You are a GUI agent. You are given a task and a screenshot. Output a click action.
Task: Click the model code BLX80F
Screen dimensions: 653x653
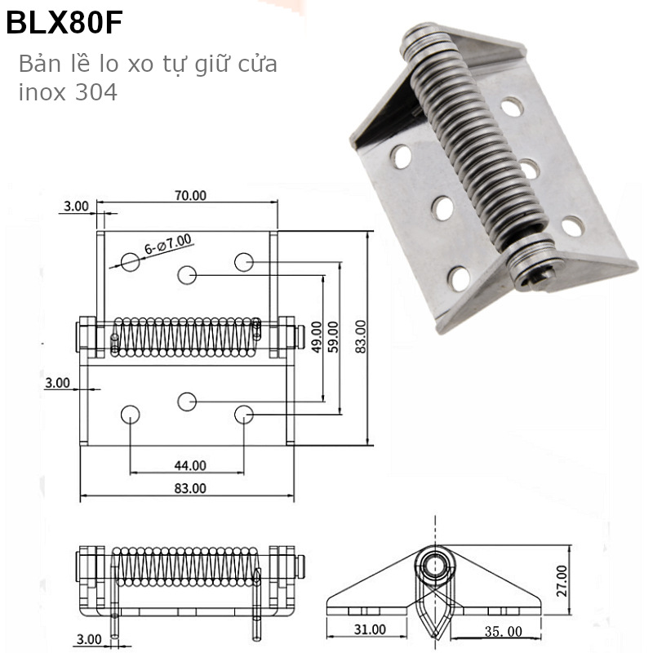coord(64,24)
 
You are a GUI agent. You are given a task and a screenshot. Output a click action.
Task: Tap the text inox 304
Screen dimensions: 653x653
coord(68,92)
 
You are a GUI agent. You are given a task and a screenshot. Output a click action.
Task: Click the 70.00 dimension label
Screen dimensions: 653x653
coord(189,195)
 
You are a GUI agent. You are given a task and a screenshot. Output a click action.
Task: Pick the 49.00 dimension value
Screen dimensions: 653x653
coord(316,334)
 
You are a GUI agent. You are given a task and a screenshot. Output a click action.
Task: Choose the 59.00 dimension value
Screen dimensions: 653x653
coord(333,334)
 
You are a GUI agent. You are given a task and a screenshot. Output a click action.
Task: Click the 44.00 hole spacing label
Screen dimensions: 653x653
coord(189,465)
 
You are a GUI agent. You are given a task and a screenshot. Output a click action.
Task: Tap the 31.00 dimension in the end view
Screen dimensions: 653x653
coord(370,629)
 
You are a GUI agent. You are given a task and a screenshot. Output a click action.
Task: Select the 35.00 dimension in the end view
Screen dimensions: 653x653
coord(503,630)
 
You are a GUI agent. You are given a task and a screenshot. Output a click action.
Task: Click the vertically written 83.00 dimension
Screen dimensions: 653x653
coord(361,335)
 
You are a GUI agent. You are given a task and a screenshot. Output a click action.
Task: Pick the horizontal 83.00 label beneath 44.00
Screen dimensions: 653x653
coord(189,488)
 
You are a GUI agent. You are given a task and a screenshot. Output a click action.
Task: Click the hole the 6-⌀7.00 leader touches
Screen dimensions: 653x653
coord(131,261)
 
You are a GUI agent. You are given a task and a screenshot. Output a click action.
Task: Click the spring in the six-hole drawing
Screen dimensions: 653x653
coord(186,336)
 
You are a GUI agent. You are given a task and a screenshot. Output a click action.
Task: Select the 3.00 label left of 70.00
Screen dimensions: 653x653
coord(76,206)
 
